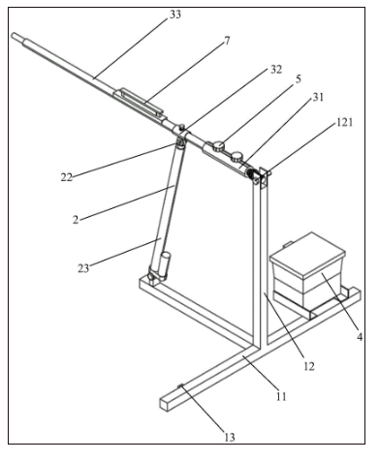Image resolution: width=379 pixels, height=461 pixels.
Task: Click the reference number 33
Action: coord(175,15)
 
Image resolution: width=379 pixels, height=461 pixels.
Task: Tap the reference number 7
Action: coord(227,41)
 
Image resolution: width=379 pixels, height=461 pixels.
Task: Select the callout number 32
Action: coord(276,70)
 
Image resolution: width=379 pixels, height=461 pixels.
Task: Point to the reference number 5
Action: coord(298,79)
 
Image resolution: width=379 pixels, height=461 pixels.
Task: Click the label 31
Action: coord(318,97)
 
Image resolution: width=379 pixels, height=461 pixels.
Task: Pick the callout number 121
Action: coord(345,122)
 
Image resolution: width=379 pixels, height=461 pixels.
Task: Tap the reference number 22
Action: coord(67,177)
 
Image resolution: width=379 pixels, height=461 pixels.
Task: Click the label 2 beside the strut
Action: coord(76,220)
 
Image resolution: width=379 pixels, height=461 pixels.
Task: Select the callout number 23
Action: coord(83,268)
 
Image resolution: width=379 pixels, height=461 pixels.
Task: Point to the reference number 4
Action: coord(360,337)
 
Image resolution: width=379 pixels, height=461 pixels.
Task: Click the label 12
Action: coord(309,366)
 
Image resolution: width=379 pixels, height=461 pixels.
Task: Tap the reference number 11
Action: coord(281,396)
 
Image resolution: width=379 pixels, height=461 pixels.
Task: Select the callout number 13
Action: coord(229,438)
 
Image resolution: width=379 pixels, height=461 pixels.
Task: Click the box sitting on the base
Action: coord(307,269)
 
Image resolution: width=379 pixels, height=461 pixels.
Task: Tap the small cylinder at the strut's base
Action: coord(165,263)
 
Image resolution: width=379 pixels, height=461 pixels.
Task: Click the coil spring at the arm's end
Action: coord(250,173)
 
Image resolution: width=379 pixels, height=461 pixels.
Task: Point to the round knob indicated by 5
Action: coord(218,145)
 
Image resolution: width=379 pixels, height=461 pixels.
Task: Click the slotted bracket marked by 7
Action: coord(139,103)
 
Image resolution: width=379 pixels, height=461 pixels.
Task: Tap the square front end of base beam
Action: coord(165,404)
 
